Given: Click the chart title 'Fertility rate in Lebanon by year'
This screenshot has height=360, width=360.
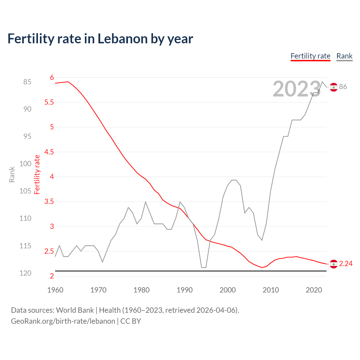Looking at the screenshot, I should click(x=100, y=39).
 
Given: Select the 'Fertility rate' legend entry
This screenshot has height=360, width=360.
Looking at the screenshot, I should click(x=310, y=56).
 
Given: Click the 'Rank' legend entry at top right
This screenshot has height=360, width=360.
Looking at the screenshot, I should click(x=344, y=56).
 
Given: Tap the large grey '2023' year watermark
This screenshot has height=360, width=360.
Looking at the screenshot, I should click(x=296, y=89).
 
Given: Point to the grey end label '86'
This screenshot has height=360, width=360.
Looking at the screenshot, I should click(x=343, y=87).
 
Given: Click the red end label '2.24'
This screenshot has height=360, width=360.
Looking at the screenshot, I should click(x=346, y=264).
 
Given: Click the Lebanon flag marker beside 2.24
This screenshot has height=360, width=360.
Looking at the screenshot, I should click(x=334, y=264).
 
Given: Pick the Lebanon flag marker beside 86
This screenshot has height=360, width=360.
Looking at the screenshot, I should click(x=334, y=87).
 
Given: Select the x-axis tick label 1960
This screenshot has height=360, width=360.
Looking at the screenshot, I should click(x=55, y=290).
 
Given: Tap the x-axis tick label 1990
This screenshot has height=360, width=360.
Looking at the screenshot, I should click(x=184, y=290).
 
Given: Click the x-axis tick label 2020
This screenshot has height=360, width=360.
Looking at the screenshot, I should click(x=314, y=290).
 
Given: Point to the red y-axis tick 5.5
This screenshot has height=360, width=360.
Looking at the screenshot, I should click(x=49, y=102).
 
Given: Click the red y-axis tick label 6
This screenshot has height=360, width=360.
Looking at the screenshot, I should click(x=52, y=78).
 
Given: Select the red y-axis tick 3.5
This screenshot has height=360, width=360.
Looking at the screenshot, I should click(x=49, y=202).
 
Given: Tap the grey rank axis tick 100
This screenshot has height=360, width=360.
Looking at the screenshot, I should click(x=25, y=164).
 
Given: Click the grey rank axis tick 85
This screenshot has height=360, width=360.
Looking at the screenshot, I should click(x=27, y=82).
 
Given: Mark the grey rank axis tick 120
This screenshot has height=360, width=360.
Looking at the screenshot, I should click(x=25, y=273).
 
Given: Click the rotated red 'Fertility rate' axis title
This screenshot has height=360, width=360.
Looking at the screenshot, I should click(x=37, y=174).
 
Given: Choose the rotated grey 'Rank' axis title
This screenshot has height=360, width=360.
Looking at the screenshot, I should click(x=12, y=174).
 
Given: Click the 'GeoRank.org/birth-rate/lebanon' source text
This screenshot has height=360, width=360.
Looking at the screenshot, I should click(x=63, y=321).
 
